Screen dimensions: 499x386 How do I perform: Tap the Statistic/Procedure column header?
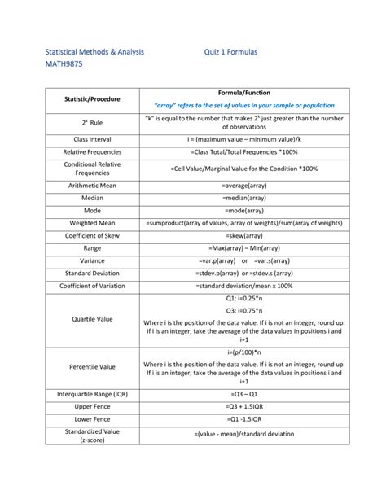92,98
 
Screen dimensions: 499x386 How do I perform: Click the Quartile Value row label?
92,319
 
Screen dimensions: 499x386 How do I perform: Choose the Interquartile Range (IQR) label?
92,392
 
